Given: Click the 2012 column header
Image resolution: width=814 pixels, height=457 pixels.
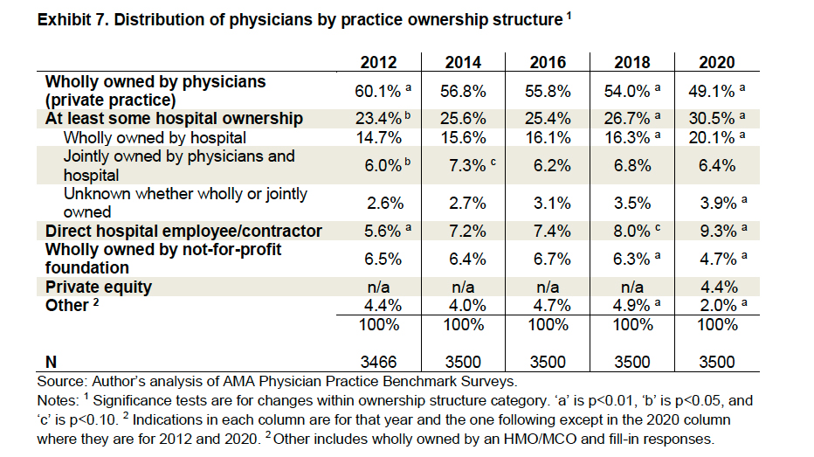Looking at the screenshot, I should tap(378, 62).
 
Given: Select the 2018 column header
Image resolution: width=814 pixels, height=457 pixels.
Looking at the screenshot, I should tap(631, 62).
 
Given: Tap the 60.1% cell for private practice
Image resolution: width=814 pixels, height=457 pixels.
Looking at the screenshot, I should tap(374, 90).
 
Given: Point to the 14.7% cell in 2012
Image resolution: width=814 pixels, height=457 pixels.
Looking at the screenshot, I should tap(378, 137).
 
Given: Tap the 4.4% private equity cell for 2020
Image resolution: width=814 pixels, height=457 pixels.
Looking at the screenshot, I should tap(716, 287).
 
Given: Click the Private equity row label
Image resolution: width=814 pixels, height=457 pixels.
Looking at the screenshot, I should tap(99, 287).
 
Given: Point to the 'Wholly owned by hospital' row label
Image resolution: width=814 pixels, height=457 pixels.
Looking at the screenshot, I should tap(155, 137).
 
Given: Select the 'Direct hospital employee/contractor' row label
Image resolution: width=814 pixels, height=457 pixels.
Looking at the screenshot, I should tap(183, 232).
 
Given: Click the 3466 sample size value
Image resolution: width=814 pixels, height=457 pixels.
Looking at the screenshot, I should tap(378, 362).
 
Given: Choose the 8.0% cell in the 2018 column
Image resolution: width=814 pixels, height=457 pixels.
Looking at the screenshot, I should tap(627, 232).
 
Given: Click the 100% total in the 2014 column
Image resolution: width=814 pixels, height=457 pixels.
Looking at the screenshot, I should tap(463, 324).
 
